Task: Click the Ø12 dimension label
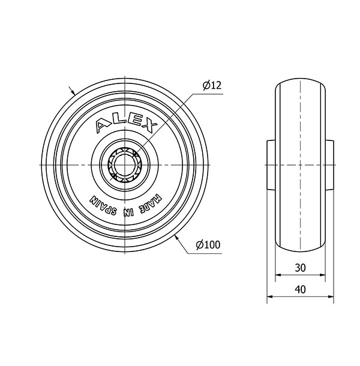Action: (x=212, y=86)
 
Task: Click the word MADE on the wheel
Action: (x=149, y=202)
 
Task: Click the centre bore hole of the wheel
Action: (x=123, y=164)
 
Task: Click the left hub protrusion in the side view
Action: (x=271, y=164)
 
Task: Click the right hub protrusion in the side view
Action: (x=331, y=164)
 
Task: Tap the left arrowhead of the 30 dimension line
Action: (x=278, y=277)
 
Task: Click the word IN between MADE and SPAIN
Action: (x=127, y=211)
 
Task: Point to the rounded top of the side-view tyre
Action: (x=301, y=82)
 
